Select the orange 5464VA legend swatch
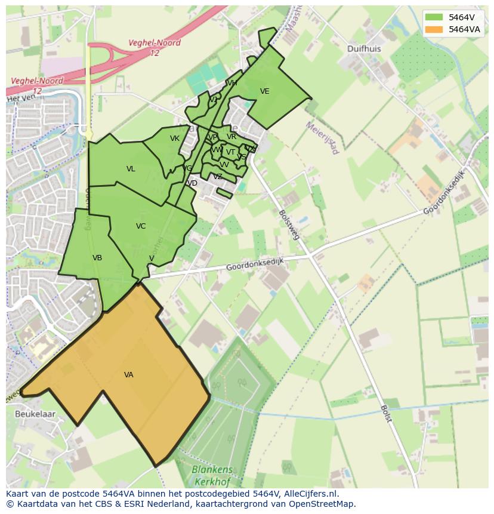tap(434, 29)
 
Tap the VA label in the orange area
tap(129, 375)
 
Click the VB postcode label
tap(97, 258)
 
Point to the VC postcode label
tap(141, 226)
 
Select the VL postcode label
tap(131, 169)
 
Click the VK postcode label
tap(175, 138)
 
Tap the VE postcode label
tap(265, 91)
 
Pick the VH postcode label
tap(232, 83)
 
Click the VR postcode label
tap(231, 137)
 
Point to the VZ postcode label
tap(218, 177)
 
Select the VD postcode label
tap(192, 183)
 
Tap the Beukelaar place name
tap(35, 413)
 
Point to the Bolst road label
tap(386, 414)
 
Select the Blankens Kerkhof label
tap(212, 475)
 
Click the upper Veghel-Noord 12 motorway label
tap(154, 48)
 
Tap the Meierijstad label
tap(322, 138)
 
